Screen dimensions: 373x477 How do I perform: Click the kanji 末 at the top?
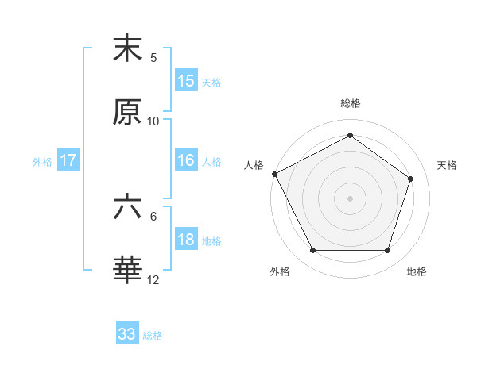[127, 48]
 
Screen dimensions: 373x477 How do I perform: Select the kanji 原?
[127, 113]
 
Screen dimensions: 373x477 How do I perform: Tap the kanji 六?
[127, 207]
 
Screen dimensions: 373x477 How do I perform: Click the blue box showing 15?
[185, 81]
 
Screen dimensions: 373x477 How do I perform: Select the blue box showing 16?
[185, 160]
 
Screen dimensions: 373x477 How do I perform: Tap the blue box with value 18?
[185, 240]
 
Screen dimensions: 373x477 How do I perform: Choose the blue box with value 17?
[68, 160]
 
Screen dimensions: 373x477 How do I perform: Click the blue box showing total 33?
[127, 334]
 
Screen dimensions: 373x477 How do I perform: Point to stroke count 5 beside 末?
[153, 57]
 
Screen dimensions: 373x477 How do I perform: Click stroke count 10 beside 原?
[153, 121]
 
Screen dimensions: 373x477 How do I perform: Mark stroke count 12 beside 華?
[153, 280]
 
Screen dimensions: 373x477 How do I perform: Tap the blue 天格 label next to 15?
[211, 83]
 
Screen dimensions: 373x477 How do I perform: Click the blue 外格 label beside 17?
[42, 162]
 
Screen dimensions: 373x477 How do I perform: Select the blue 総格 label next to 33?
[153, 336]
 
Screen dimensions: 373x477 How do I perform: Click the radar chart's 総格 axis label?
[351, 103]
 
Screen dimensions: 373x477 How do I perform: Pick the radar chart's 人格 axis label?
[254, 165]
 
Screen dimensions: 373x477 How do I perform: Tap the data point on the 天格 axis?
[411, 179]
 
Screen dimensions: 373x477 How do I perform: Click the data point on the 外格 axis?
[312, 251]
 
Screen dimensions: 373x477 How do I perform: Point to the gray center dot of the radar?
[351, 198]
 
